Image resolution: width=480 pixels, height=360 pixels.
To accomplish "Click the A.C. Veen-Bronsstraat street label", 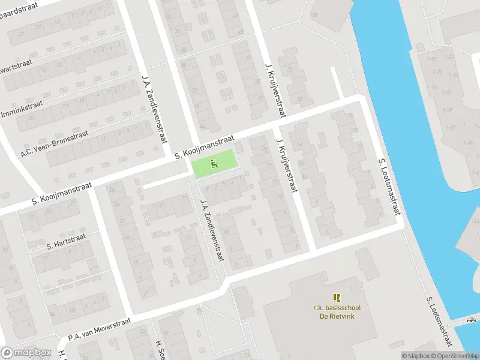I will (x=54, y=142).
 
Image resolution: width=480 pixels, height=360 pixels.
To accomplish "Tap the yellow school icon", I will (x=336, y=297).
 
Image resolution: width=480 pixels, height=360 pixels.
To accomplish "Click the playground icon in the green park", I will (x=214, y=162).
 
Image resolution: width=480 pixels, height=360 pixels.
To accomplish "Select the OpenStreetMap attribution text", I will (x=455, y=356).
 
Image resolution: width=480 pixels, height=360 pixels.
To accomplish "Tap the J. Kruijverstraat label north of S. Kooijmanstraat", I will (x=275, y=90).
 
